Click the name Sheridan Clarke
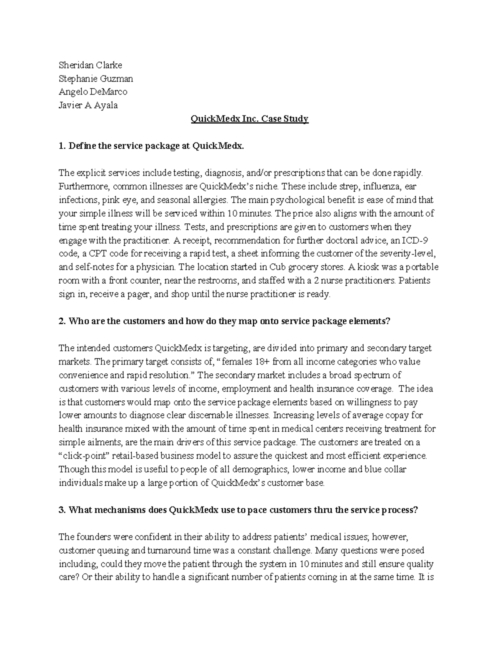coord(90,65)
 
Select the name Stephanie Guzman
coord(96,78)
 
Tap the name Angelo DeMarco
coord(93,92)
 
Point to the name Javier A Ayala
coord(88,105)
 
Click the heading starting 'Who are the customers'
coord(229,321)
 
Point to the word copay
coord(398,415)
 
